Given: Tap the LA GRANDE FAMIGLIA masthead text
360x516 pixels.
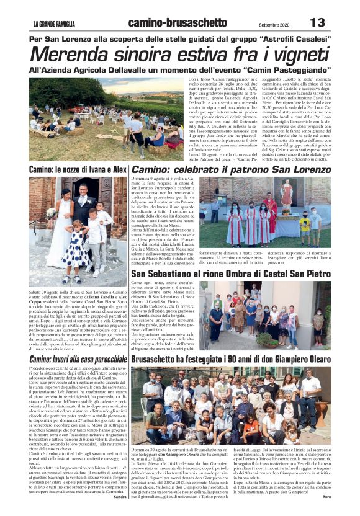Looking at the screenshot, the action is [54, 24].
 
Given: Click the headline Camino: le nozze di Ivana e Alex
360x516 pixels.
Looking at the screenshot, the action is [78, 169].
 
